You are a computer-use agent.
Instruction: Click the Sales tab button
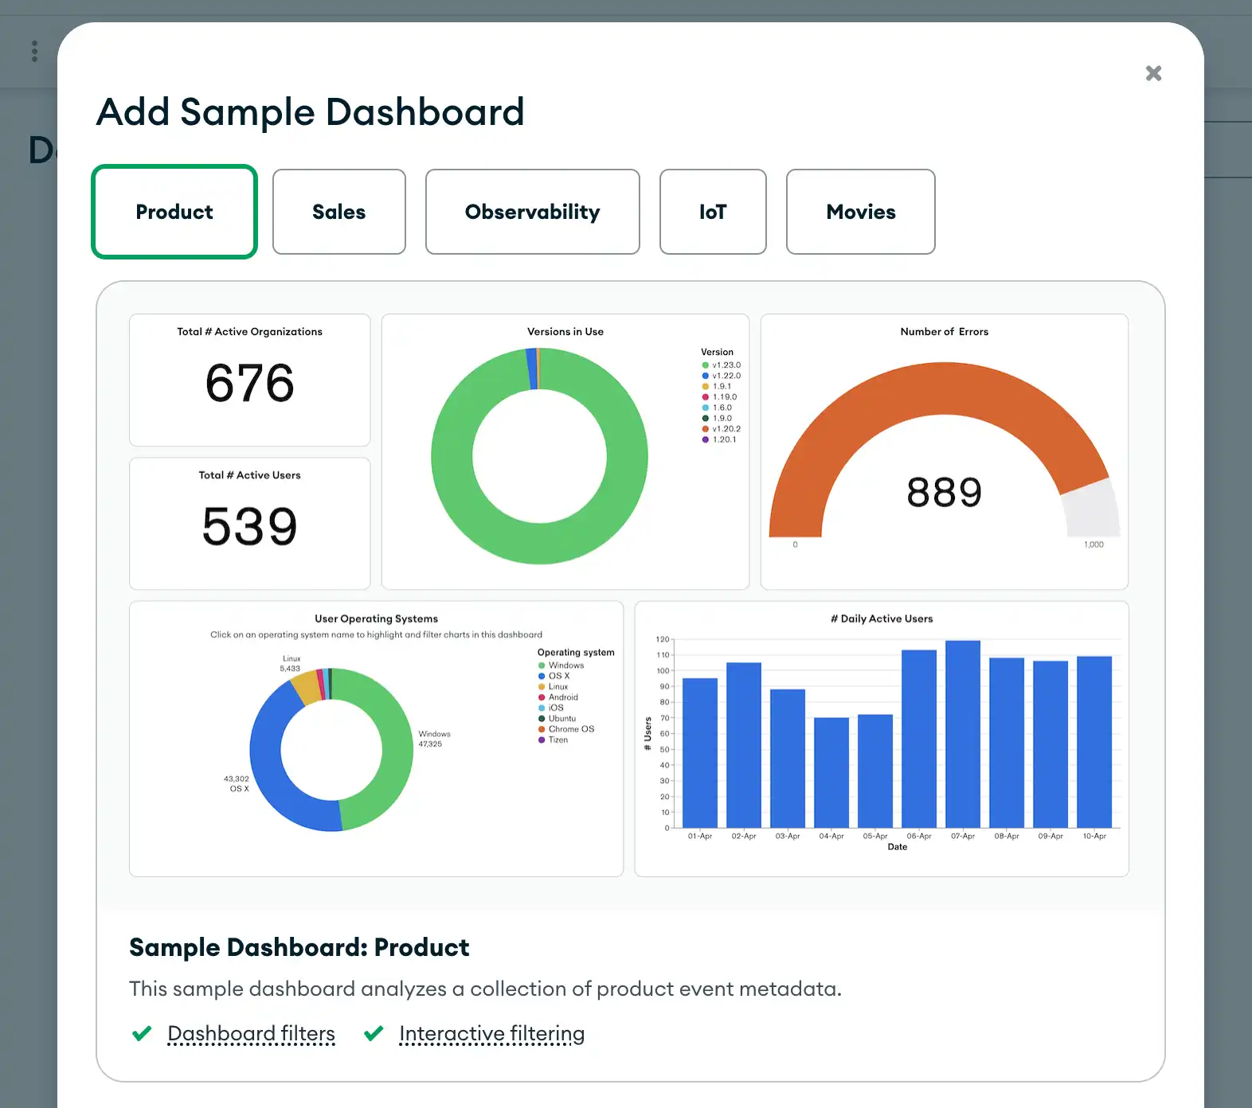coord(338,212)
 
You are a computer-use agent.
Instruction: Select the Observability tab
coord(532,212)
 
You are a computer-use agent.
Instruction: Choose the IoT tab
coord(713,212)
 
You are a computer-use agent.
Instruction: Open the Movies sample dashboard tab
coord(860,212)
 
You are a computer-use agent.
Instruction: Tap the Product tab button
coord(174,212)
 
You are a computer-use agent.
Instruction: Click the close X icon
coord(1153,73)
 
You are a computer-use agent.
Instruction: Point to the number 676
coord(249,383)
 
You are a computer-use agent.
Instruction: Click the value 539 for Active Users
coord(249,526)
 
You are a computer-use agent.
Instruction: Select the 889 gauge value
coord(944,492)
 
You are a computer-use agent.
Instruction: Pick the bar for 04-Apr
coord(831,772)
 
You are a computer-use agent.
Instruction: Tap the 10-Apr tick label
coord(1094,836)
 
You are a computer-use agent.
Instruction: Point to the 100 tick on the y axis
coord(663,671)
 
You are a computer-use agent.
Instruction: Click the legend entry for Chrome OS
coord(570,729)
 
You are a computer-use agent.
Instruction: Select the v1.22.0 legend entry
coord(726,376)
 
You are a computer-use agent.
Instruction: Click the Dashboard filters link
coord(251,1033)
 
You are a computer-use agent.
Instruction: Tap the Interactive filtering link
coord(491,1033)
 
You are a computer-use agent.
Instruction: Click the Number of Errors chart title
coord(944,332)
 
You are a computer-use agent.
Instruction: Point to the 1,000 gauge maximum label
coord(1094,544)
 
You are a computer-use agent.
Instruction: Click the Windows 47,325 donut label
coord(434,739)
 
